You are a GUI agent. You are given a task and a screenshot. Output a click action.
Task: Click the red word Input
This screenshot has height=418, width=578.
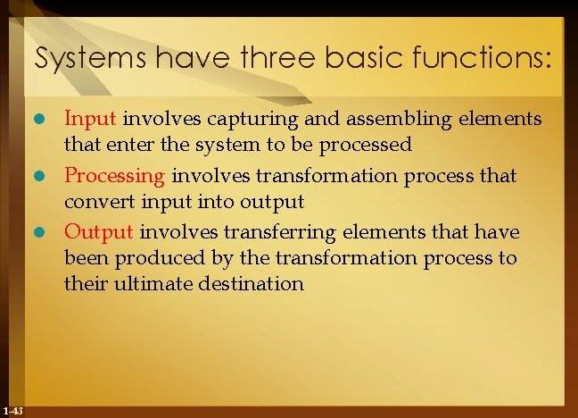[x=91, y=118]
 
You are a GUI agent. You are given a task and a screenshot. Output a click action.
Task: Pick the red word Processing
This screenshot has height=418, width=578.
[x=114, y=175]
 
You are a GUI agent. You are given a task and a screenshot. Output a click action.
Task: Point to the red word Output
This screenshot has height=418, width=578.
[x=99, y=232]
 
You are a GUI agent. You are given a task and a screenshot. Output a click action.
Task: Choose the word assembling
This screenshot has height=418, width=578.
[x=357, y=118]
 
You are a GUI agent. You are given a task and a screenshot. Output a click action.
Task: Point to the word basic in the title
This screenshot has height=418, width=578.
[x=339, y=60]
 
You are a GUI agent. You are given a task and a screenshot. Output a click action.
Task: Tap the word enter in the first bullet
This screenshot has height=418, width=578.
[x=123, y=144]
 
